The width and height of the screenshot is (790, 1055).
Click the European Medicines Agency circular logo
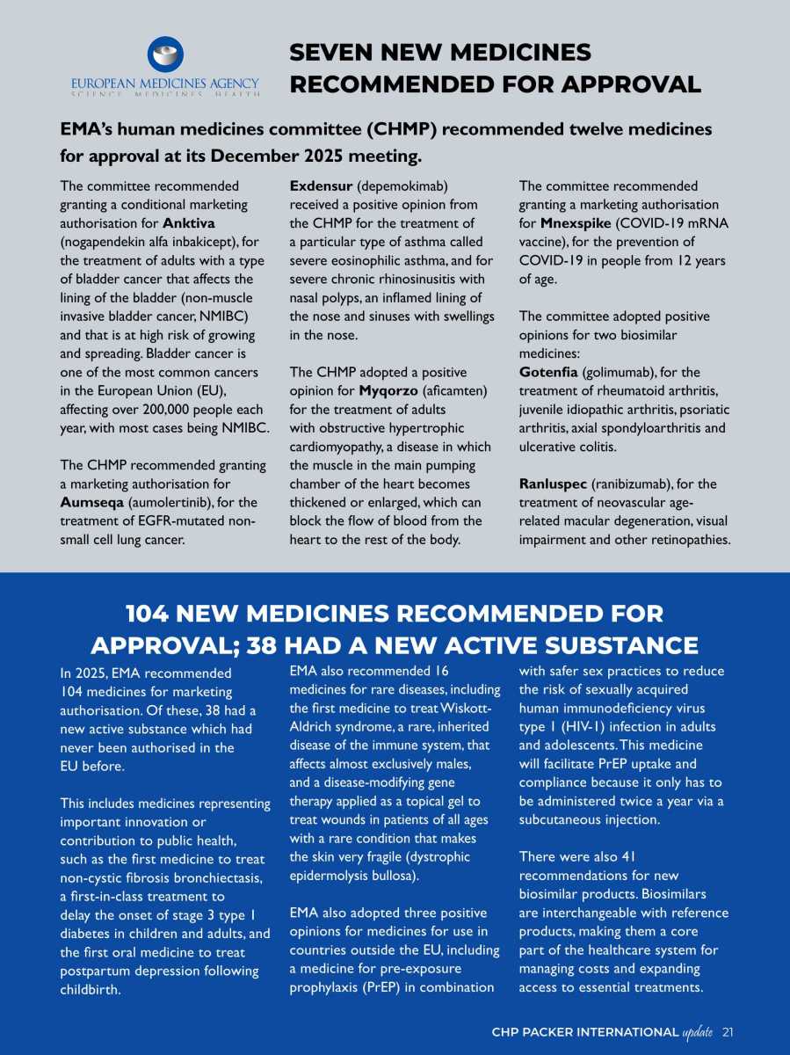(165, 55)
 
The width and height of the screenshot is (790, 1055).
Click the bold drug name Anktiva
(189, 223)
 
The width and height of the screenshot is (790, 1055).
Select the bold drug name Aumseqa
(91, 502)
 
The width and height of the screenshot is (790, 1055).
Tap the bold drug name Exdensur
(321, 186)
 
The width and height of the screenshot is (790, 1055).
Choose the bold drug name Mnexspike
(577, 223)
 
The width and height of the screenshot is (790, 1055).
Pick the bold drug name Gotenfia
(549, 372)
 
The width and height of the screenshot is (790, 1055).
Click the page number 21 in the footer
(728, 1031)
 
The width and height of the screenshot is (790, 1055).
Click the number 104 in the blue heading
(155, 613)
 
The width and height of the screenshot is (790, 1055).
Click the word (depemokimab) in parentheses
(402, 186)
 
